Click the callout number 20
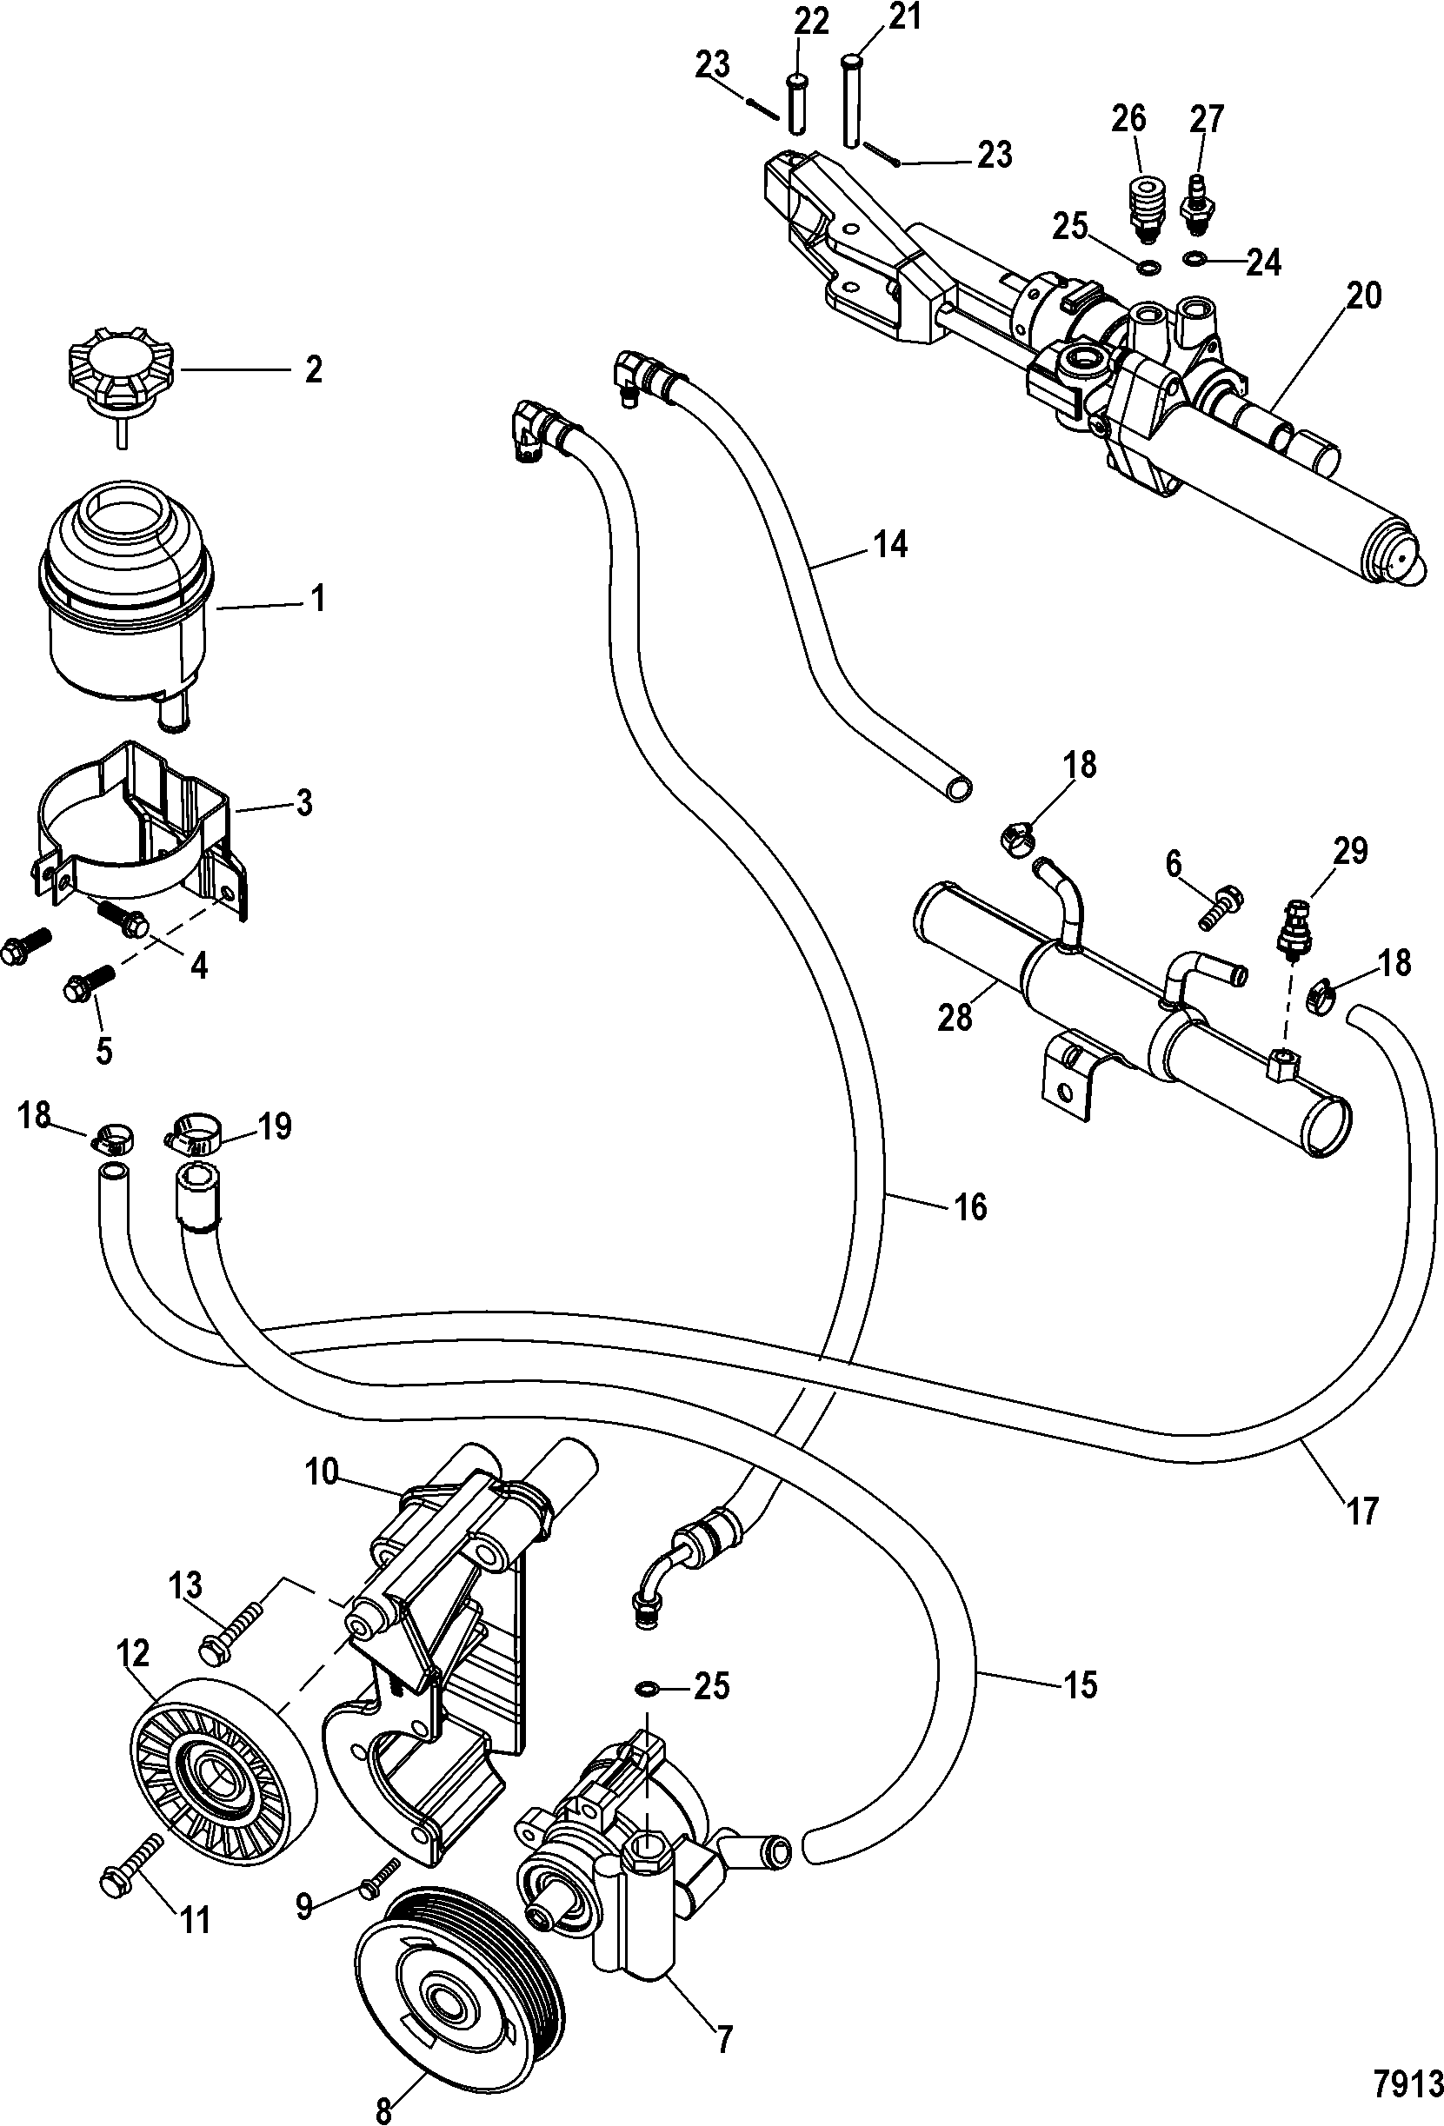[x=1362, y=296]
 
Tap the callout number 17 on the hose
[x=1361, y=1511]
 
